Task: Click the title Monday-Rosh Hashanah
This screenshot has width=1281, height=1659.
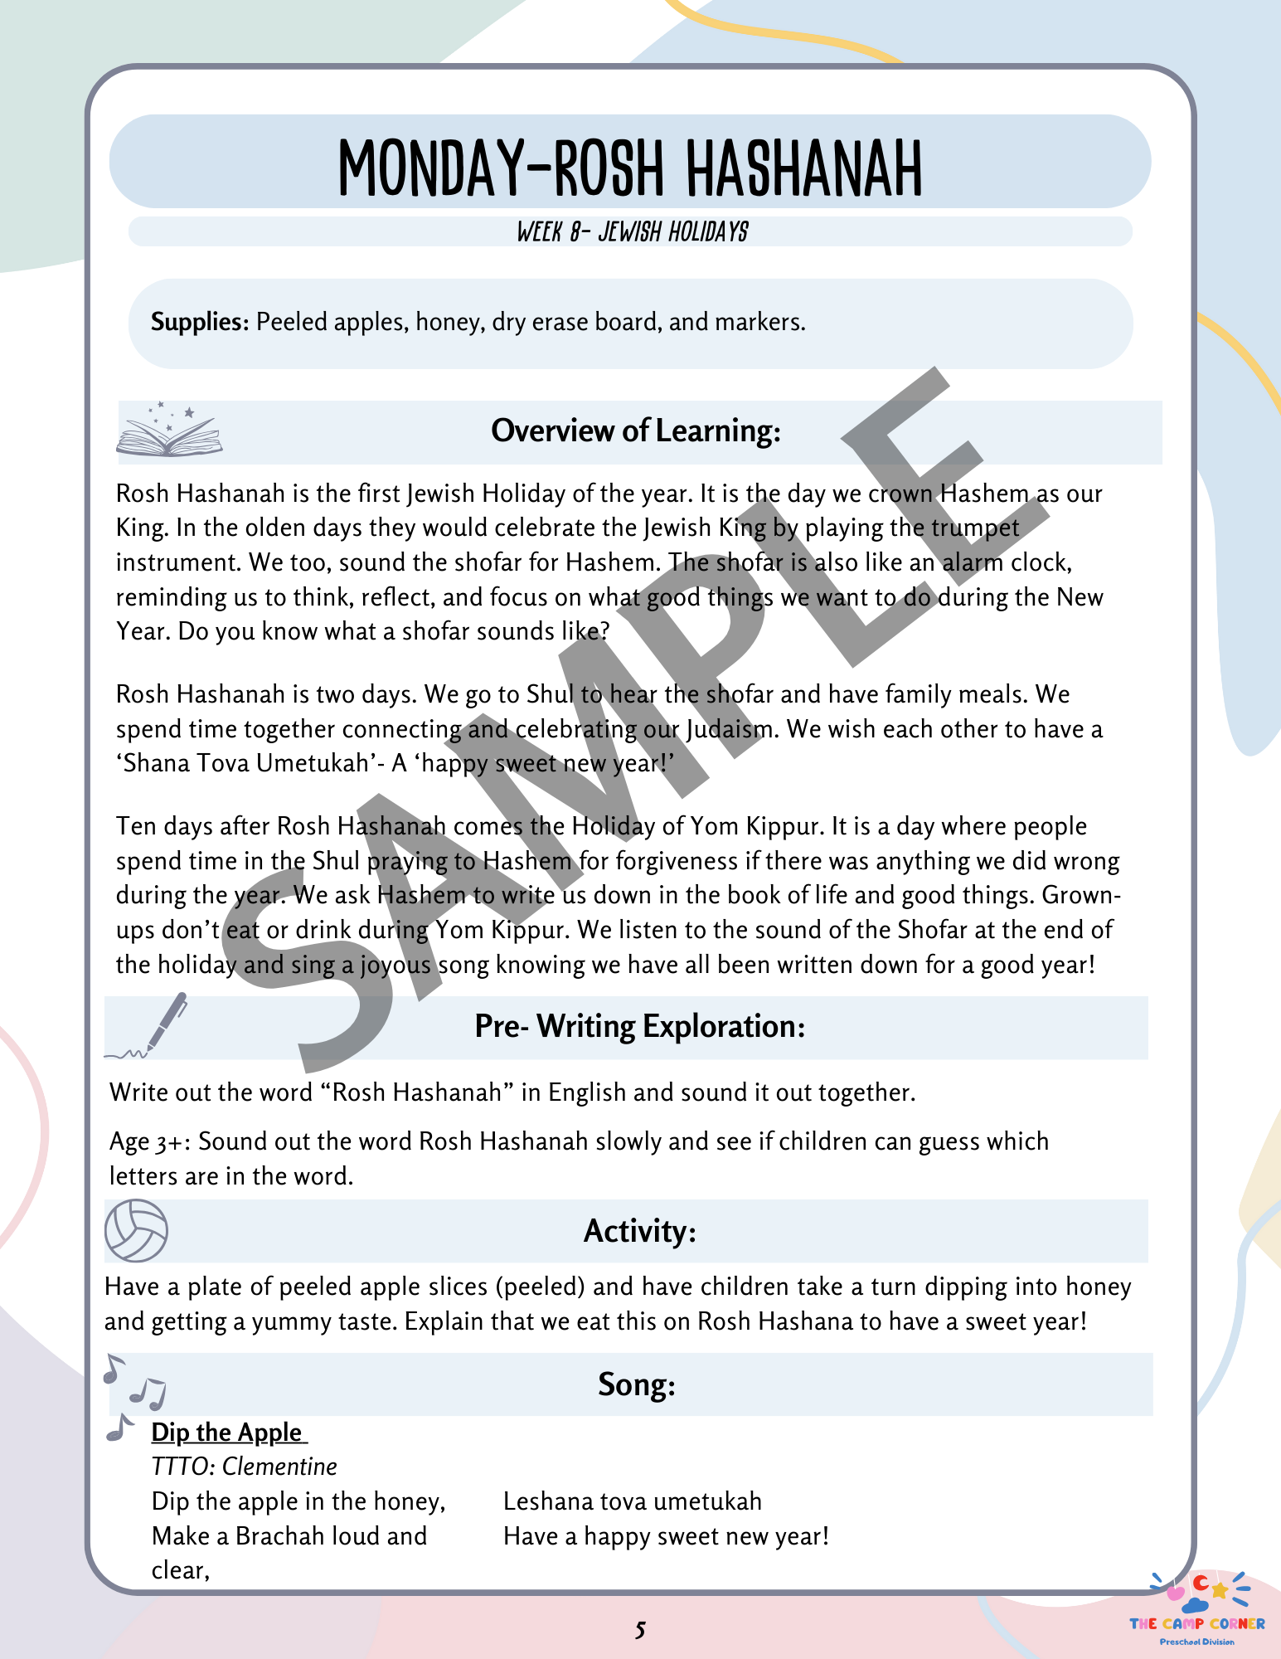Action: tap(630, 168)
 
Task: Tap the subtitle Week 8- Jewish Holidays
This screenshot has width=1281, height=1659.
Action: tap(632, 232)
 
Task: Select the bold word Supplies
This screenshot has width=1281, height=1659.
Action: tap(200, 322)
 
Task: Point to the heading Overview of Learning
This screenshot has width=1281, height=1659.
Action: tap(636, 431)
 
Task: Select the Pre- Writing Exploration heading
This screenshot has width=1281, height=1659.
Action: tap(639, 1027)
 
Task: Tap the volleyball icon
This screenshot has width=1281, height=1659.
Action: tap(136, 1230)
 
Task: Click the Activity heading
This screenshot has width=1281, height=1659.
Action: tap(639, 1231)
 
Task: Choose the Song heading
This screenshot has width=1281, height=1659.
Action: tap(637, 1384)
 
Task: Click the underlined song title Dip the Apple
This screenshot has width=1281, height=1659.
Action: tap(228, 1433)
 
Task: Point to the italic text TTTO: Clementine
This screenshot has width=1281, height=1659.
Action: tap(244, 1467)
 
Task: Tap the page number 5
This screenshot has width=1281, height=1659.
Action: tap(640, 1631)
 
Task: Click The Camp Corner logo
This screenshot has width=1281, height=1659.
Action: tap(1197, 1609)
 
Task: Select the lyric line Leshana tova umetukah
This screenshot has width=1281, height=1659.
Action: tap(632, 1501)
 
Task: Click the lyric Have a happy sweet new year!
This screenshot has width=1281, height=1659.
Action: tap(666, 1536)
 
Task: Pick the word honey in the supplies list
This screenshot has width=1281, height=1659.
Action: tap(448, 322)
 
